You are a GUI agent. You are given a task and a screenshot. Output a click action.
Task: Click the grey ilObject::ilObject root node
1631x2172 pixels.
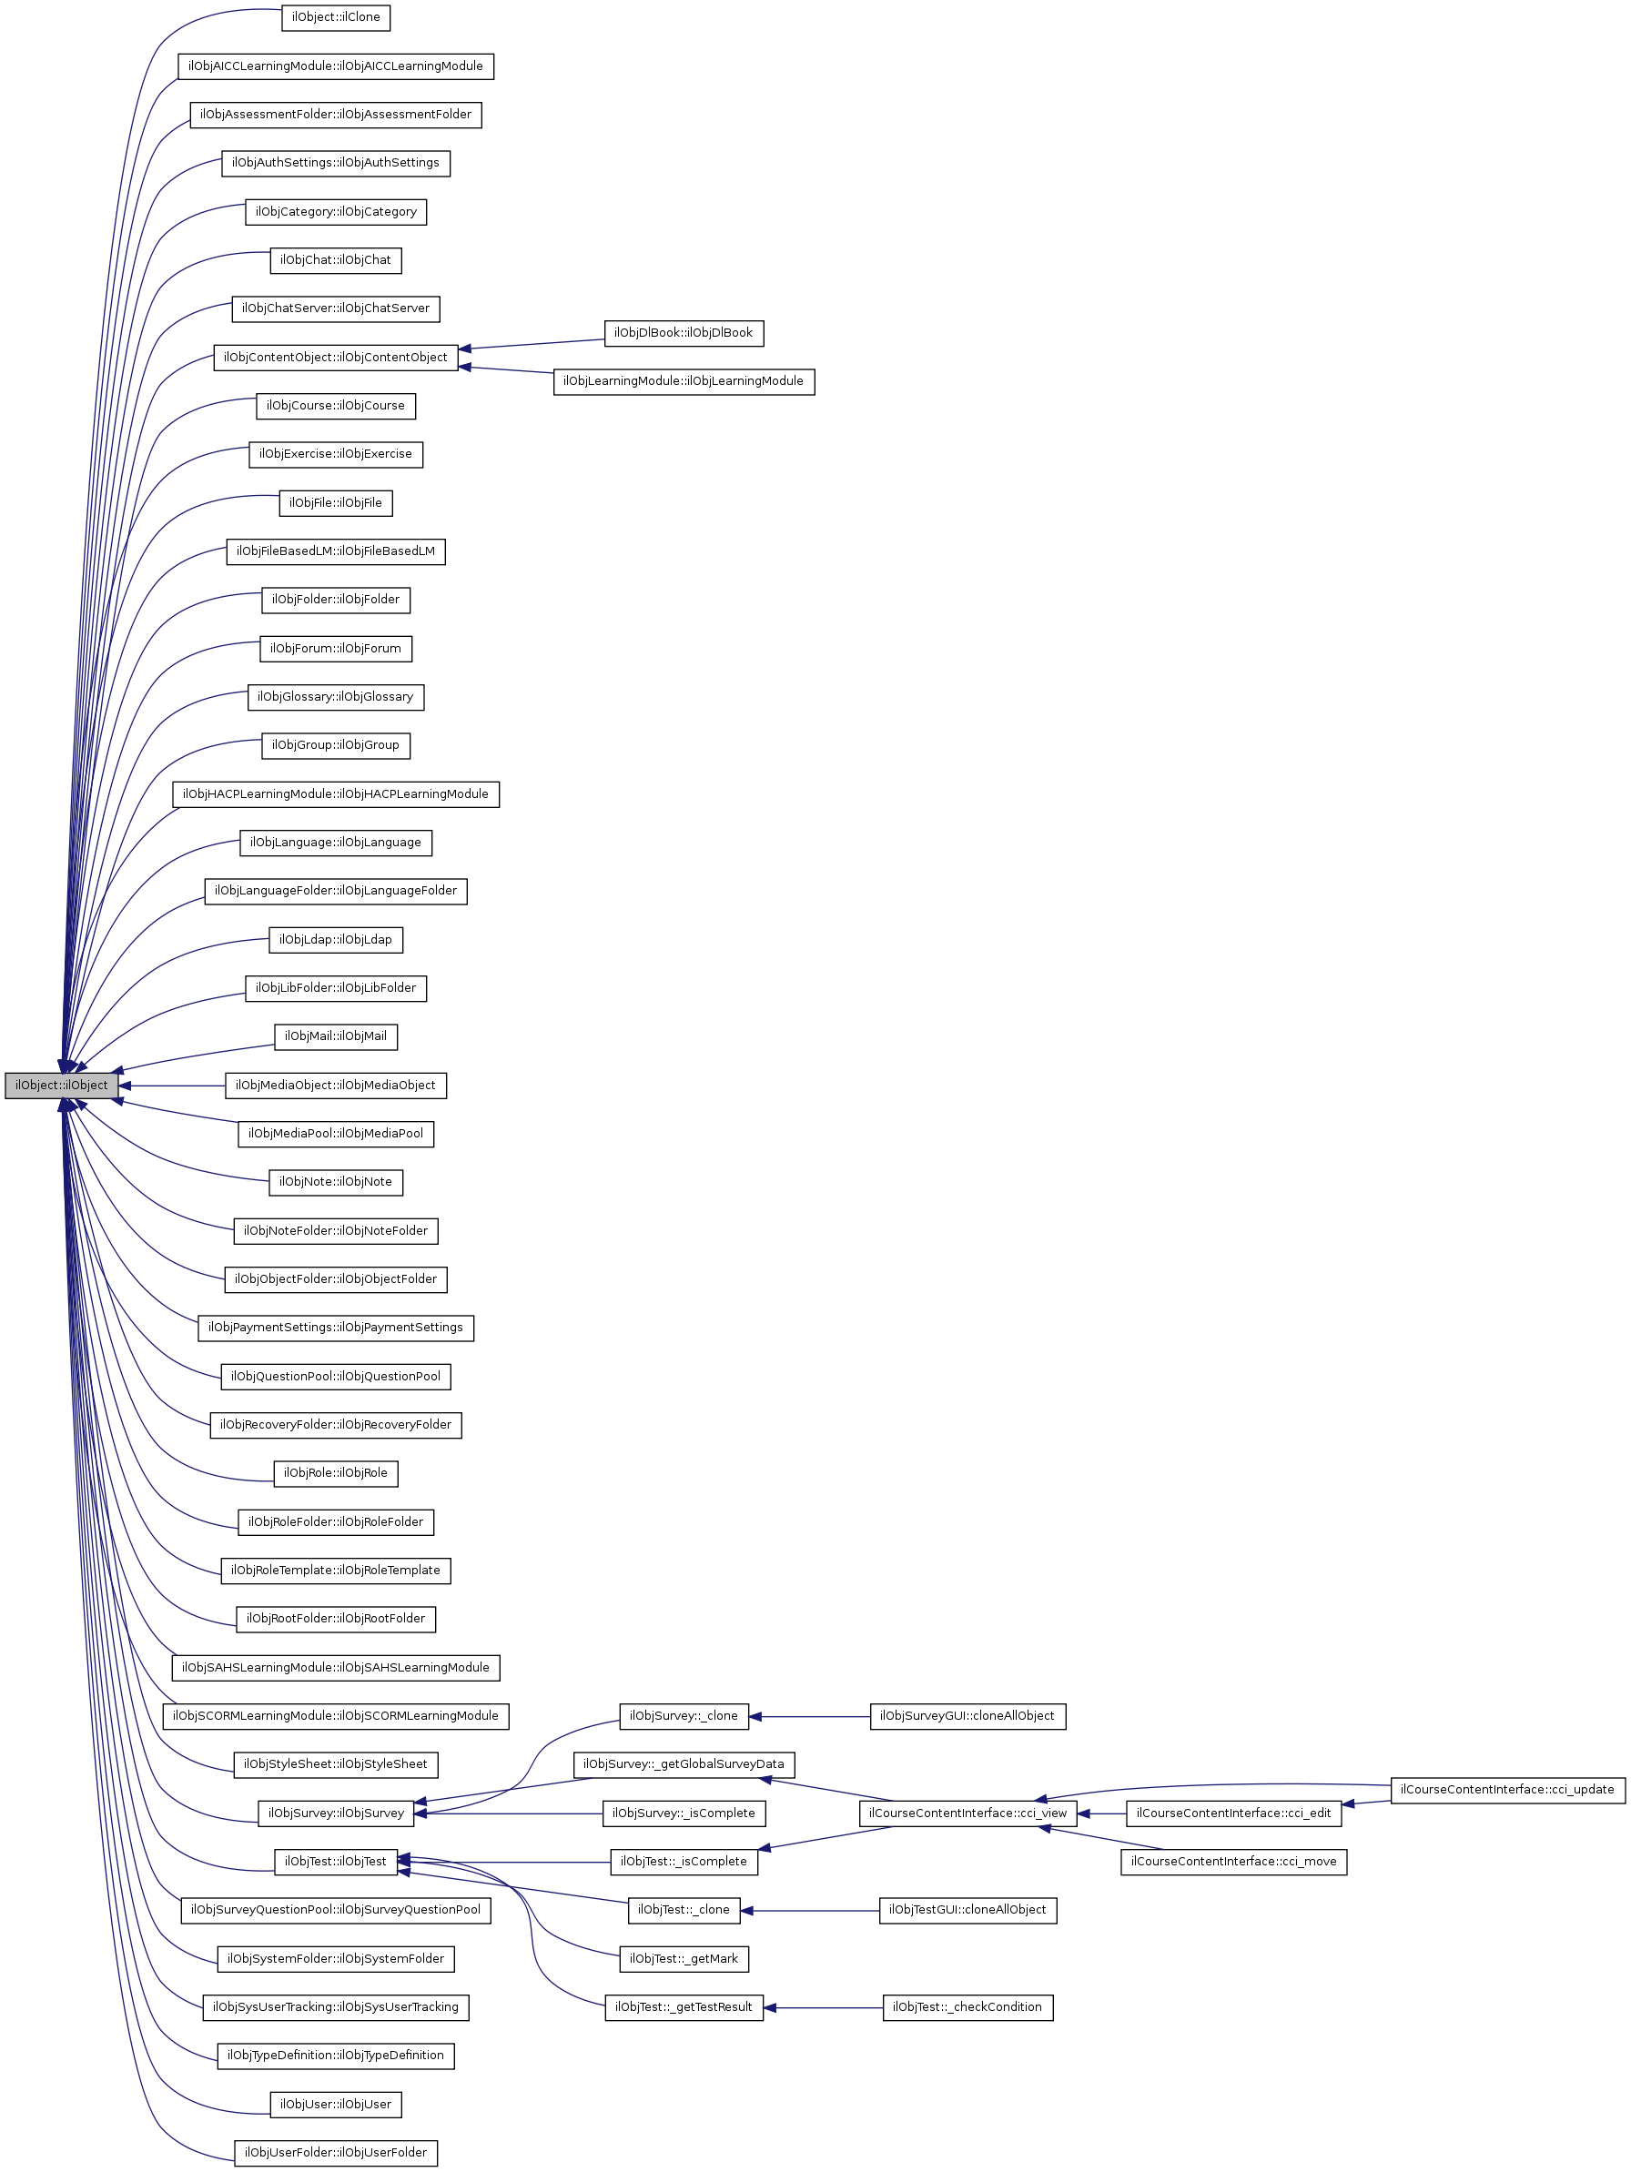point(61,1085)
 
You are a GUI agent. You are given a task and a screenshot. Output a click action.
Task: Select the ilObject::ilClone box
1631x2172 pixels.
point(336,16)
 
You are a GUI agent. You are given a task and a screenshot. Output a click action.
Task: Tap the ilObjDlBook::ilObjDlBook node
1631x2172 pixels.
point(684,333)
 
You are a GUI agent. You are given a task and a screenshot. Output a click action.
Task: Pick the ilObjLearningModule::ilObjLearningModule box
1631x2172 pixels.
point(684,381)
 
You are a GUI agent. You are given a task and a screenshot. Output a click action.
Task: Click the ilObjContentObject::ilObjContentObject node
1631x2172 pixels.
point(336,358)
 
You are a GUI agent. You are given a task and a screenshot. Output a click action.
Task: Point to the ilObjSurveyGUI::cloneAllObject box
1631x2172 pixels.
point(967,1715)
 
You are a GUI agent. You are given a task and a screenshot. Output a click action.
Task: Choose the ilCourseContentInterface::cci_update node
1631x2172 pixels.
point(1507,1789)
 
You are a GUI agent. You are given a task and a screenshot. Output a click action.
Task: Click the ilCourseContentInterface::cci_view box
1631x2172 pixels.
point(967,1813)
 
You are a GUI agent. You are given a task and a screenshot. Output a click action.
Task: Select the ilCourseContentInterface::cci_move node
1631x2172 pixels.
point(1233,1862)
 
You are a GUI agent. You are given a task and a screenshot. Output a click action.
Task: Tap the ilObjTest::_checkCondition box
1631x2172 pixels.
point(967,2007)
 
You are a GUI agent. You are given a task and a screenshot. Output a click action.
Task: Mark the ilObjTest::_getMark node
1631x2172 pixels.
point(684,1959)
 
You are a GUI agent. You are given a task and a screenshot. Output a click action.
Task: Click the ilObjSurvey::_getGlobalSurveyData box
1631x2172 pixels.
point(684,1763)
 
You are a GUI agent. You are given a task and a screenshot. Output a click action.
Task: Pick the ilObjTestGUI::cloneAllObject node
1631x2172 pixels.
point(967,1910)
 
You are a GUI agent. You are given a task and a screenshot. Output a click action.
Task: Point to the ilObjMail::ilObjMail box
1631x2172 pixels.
point(336,1035)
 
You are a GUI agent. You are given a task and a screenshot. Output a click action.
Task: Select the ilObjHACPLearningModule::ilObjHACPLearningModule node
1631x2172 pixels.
point(336,793)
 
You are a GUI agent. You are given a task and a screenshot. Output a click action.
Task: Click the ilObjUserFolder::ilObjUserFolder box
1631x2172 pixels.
point(336,2152)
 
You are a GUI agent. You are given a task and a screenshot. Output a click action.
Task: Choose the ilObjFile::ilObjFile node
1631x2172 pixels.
point(336,503)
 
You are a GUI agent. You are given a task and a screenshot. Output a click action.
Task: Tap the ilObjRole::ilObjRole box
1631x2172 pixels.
point(336,1473)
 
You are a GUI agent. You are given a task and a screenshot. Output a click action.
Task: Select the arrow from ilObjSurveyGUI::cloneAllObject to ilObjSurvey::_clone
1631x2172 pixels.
point(810,1716)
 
